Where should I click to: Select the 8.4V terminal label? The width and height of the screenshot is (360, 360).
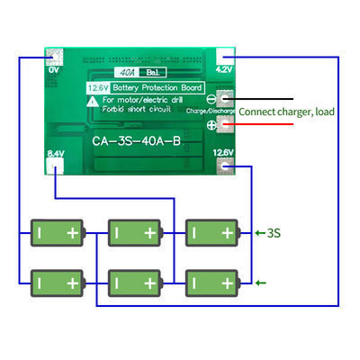pyautogui.click(x=55, y=154)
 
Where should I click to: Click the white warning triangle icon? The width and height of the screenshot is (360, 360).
pyautogui.click(x=94, y=103)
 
